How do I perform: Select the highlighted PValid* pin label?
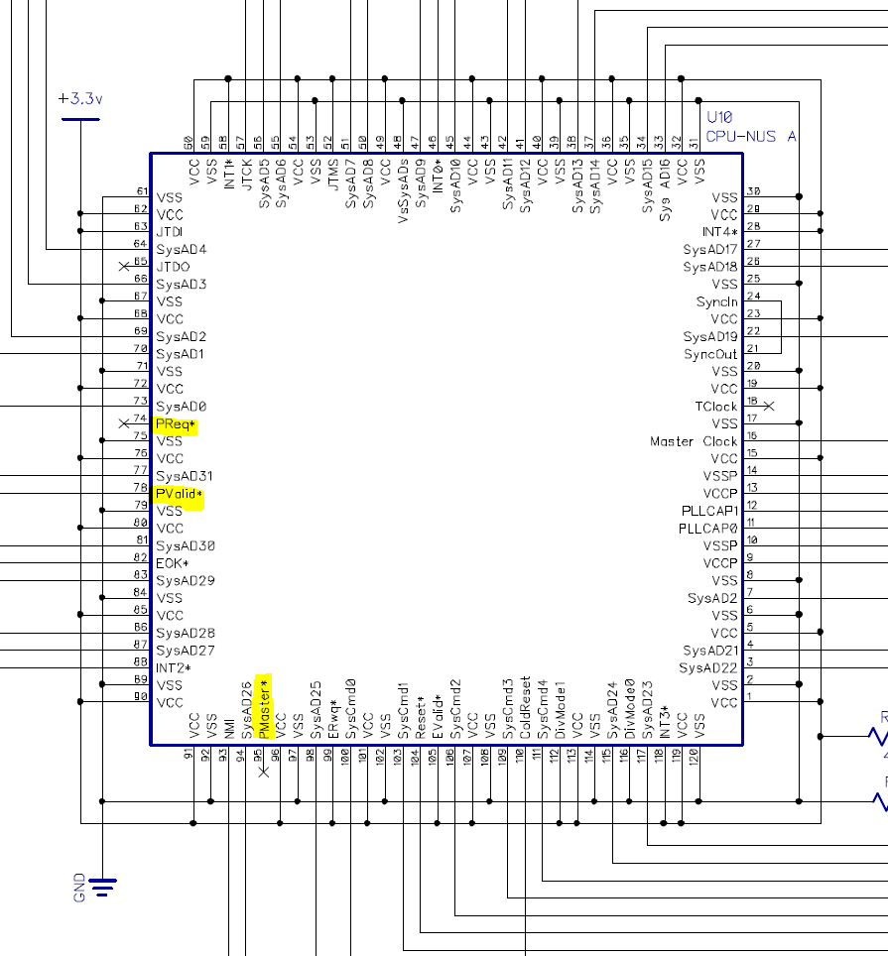click(x=179, y=494)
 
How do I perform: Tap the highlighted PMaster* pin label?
click(x=264, y=706)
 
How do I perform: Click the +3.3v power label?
click(x=80, y=99)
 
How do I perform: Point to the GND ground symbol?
click(x=102, y=885)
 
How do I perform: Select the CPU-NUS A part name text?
click(x=750, y=136)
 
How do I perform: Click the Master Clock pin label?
click(x=694, y=441)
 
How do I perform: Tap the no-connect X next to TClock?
click(x=768, y=406)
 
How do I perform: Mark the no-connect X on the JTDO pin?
click(x=124, y=267)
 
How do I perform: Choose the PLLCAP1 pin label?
click(x=707, y=511)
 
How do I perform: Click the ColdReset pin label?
click(x=525, y=708)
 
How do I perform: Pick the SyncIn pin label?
click(x=716, y=301)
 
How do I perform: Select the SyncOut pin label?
click(x=710, y=354)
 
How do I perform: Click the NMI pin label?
click(x=229, y=727)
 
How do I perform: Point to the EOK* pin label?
click(x=172, y=563)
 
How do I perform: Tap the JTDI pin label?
click(x=170, y=232)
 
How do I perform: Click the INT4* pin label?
click(x=719, y=232)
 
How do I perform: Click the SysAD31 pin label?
click(x=185, y=476)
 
